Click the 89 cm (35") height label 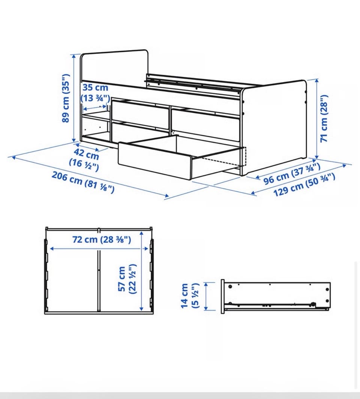(66, 98)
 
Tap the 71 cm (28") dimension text (324, 119)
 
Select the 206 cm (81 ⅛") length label (83, 182)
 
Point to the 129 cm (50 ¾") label (304, 185)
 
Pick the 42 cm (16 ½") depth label (84, 160)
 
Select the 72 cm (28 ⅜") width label (102, 239)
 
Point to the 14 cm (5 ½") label (189, 296)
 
